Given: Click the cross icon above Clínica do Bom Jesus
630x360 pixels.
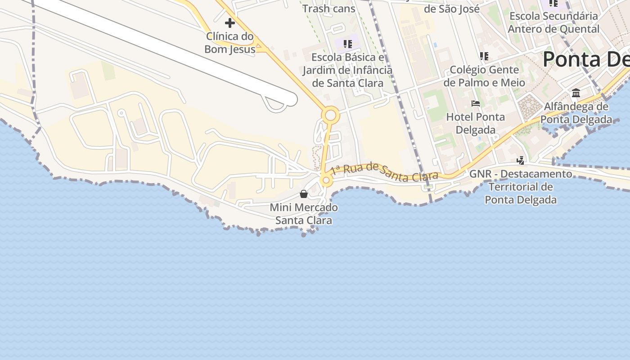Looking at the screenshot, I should [230, 22].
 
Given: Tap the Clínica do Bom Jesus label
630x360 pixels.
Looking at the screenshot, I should [229, 43].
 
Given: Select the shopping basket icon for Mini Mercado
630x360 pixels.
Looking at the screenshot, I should [304, 194].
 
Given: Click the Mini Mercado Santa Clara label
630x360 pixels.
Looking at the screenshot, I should [304, 214].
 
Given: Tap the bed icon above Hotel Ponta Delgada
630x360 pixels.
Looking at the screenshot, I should [475, 103].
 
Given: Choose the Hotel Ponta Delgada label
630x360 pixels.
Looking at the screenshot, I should [475, 123].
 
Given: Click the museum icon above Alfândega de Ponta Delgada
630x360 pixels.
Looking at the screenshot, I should [576, 93].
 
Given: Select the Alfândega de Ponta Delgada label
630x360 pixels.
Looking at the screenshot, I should [576, 113].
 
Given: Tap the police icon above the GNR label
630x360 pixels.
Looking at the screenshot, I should [521, 160].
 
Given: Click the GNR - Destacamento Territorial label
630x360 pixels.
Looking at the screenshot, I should [521, 187].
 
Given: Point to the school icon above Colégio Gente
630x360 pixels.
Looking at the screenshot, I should [484, 56].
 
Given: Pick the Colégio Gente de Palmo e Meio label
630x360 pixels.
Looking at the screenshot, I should [484, 76].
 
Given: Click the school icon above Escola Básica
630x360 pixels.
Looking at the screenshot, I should [347, 44].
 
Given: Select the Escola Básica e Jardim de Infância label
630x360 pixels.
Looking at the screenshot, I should [347, 70].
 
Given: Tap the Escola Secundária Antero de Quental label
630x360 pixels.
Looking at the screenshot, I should [553, 22].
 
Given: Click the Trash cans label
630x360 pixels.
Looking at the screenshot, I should [328, 9].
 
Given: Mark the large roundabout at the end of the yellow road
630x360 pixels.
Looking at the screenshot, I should [330, 116].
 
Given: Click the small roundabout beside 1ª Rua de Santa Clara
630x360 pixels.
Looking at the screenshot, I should [326, 181].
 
